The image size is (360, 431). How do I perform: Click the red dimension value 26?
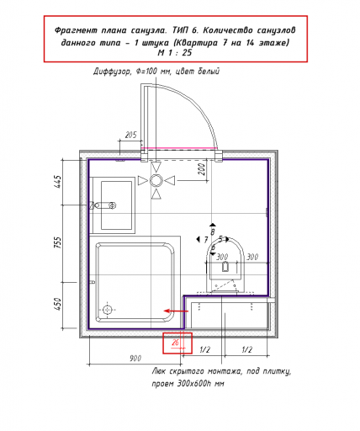pyautogui.click(x=175, y=343)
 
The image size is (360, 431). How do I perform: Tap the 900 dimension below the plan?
pyautogui.click(x=135, y=359)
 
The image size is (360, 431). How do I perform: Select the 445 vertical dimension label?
pyautogui.click(x=57, y=182)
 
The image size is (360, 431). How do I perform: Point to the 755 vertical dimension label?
pyautogui.click(x=57, y=242)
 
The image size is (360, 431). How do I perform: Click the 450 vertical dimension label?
pyautogui.click(x=57, y=304)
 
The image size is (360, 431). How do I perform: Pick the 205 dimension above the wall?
pyautogui.click(x=130, y=135)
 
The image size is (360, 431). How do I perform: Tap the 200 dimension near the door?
pyautogui.click(x=202, y=169)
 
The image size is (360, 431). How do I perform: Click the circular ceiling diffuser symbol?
pyautogui.click(x=156, y=180)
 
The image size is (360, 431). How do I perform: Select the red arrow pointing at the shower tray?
pyautogui.click(x=176, y=311)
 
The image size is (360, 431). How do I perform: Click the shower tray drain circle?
pyautogui.click(x=108, y=310)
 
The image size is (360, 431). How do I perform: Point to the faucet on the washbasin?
pyautogui.click(x=103, y=205)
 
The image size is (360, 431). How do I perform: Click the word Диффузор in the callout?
pyautogui.click(x=112, y=72)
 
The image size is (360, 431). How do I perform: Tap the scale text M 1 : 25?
pyautogui.click(x=175, y=52)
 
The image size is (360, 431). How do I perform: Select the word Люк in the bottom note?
pyautogui.click(x=159, y=371)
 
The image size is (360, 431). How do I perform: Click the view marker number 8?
pyautogui.click(x=213, y=232)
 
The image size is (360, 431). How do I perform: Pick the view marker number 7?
pyautogui.click(x=206, y=240)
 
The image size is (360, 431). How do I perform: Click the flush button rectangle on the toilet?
pyautogui.click(x=225, y=267)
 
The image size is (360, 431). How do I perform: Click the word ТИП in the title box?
pyautogui.click(x=180, y=30)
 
